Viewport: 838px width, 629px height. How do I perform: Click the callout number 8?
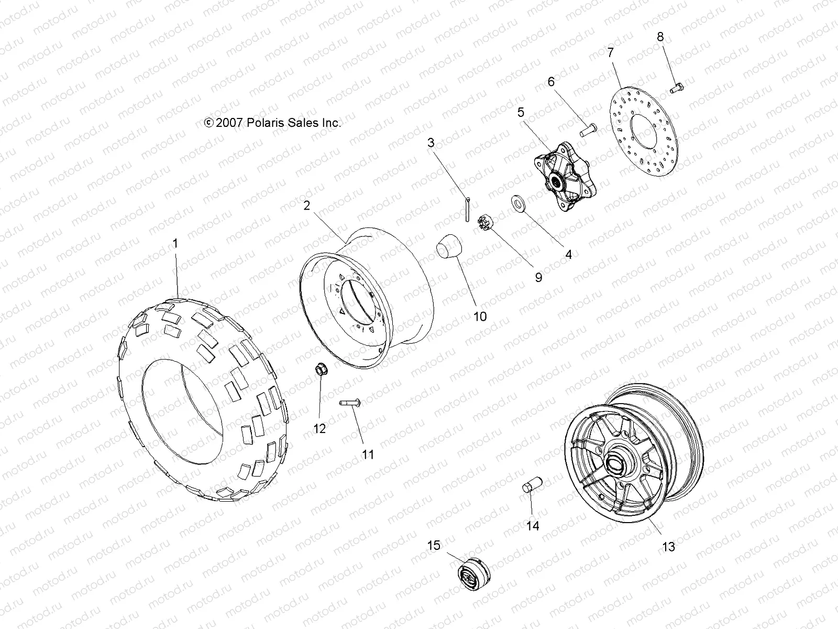660,37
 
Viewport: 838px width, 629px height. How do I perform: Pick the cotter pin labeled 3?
467,209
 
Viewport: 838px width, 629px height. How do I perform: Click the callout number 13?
668,547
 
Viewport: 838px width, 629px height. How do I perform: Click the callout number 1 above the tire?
175,243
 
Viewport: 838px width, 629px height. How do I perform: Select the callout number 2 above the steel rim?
307,205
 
